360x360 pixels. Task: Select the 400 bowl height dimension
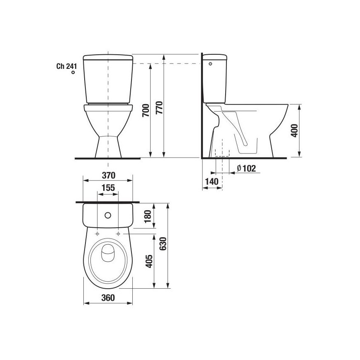pos(294,131)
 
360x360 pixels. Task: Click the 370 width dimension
pos(108,175)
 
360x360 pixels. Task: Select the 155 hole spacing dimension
pos(108,188)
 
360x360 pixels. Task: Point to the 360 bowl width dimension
pos(108,297)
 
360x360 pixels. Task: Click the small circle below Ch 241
pos(73,73)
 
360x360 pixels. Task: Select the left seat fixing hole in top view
pos(97,234)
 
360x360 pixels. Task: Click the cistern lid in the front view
pos(108,57)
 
